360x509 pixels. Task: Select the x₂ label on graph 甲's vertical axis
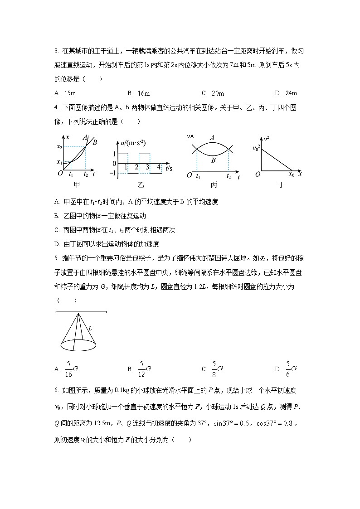pos(59,146)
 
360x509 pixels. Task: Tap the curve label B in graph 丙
pos(213,160)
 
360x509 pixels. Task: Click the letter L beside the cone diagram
pos(90,328)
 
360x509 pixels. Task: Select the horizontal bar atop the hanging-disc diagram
pos(81,312)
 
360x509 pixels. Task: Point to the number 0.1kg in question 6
pos(122,390)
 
